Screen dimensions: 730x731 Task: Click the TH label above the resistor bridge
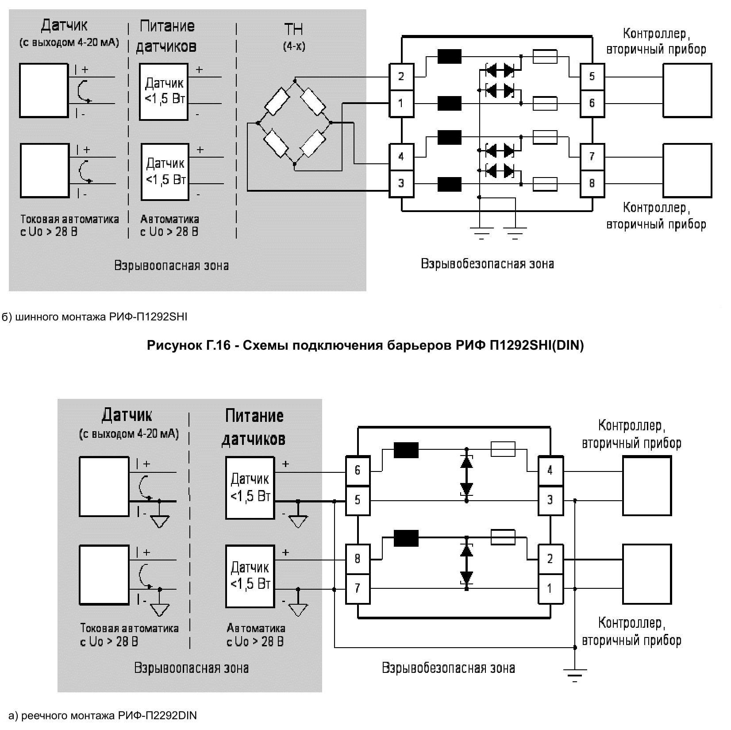(x=293, y=30)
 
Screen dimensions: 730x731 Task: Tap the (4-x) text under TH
(x=294, y=46)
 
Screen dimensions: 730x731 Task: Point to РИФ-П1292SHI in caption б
(x=148, y=317)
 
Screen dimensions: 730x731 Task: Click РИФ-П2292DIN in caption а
(x=157, y=715)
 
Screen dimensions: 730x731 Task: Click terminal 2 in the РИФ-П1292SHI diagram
(x=401, y=77)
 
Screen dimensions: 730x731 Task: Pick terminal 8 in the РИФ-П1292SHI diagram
(x=592, y=183)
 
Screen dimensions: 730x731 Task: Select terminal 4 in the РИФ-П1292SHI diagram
(x=401, y=156)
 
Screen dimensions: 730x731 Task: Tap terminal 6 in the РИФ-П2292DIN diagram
(x=358, y=470)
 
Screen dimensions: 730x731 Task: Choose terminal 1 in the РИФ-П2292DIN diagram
(x=550, y=588)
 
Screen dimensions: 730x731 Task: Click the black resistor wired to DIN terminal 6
(x=406, y=450)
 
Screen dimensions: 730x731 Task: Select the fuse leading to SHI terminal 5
(x=545, y=57)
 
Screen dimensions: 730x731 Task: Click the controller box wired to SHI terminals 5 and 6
(x=687, y=90)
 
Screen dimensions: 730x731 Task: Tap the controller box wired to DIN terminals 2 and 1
(x=647, y=574)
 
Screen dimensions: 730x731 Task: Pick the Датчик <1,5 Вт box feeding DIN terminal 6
(x=250, y=487)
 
